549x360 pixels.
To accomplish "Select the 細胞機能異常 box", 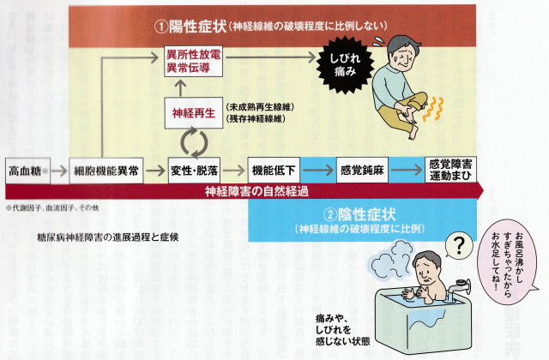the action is click(106, 170).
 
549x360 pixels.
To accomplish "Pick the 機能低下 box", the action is click(274, 170).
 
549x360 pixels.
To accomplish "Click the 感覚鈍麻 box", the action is click(362, 170).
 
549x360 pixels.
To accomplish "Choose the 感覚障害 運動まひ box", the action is click(453, 170).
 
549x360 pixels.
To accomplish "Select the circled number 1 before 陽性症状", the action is click(160, 27).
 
